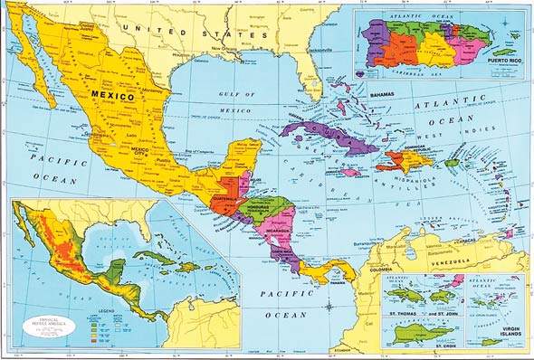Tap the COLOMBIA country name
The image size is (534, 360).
point(375,267)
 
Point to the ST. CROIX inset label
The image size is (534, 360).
point(445,345)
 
